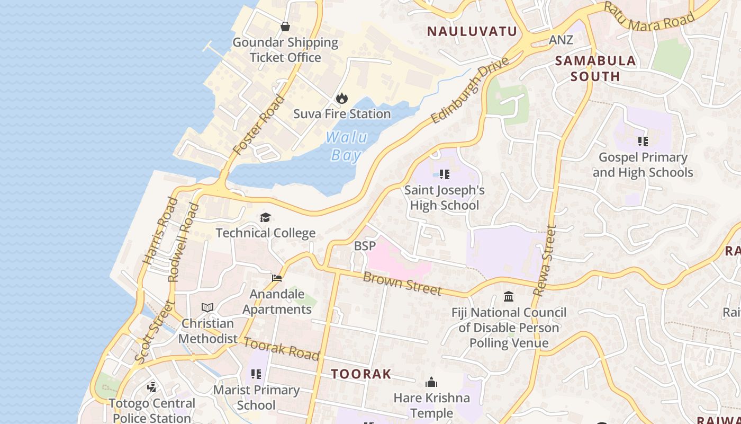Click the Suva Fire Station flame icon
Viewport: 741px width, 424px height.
click(x=342, y=98)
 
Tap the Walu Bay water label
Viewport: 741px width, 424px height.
click(x=347, y=146)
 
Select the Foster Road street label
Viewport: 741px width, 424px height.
click(x=259, y=125)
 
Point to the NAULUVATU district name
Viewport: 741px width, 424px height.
click(x=472, y=31)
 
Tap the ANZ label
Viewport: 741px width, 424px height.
click(x=561, y=40)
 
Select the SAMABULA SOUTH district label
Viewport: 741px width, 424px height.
click(x=595, y=68)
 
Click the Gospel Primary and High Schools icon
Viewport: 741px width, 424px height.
click(x=643, y=142)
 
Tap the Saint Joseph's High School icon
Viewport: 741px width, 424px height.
click(x=445, y=174)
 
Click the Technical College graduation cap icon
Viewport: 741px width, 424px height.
click(x=265, y=218)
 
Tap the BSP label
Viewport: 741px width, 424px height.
click(x=365, y=246)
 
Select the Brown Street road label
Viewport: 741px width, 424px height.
click(x=402, y=284)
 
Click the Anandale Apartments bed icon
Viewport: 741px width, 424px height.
click(x=277, y=278)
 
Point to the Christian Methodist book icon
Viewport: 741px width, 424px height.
click(x=207, y=308)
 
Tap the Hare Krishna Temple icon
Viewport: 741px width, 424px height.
click(x=431, y=382)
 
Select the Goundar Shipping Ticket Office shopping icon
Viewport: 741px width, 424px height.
click(x=285, y=26)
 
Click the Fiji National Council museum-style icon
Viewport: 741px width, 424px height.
click(x=509, y=296)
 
